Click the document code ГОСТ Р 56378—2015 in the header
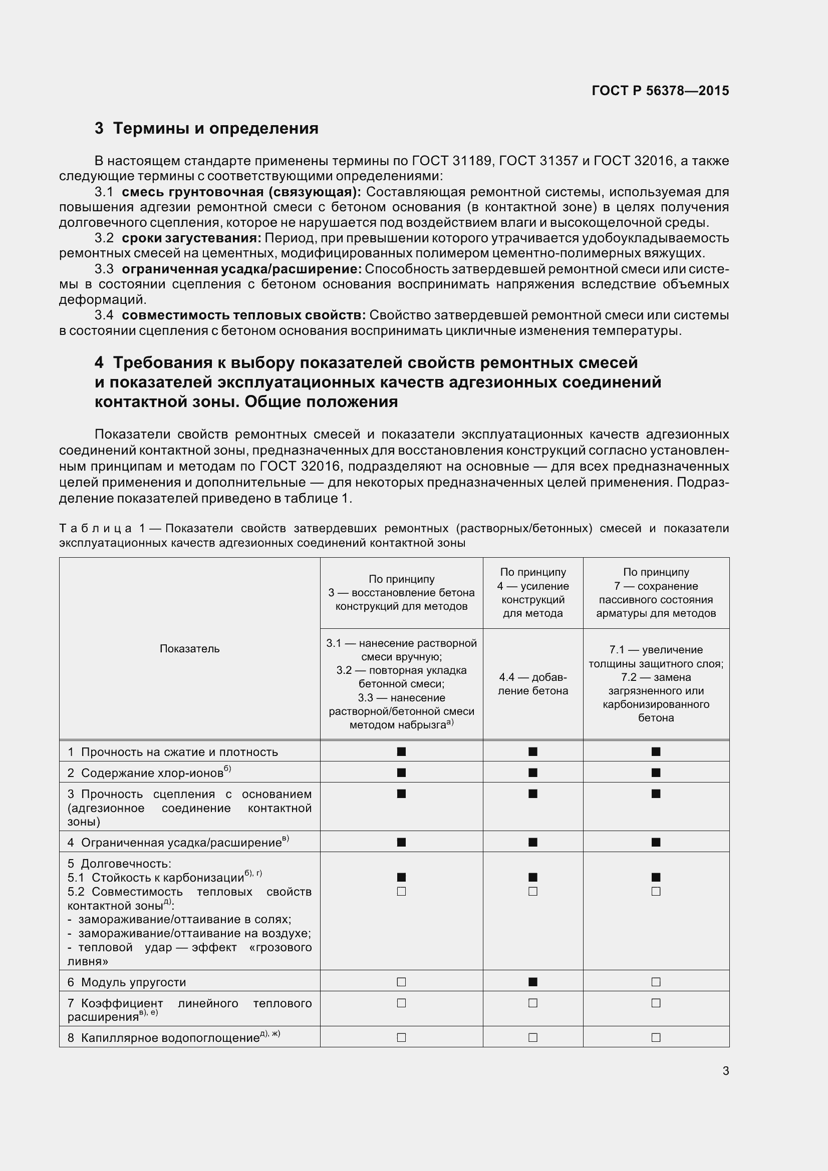point(660,91)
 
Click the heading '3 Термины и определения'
point(206,128)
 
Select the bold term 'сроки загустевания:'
point(191,238)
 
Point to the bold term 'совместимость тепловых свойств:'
point(243,315)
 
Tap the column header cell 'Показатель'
point(189,649)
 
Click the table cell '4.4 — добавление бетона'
point(532,684)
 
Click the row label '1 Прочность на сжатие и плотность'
point(173,752)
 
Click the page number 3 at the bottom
point(725,1070)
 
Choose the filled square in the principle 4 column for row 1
point(532,751)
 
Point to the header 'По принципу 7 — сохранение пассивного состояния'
point(656,593)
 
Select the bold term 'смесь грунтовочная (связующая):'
point(241,192)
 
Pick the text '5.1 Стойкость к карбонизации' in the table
point(156,878)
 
